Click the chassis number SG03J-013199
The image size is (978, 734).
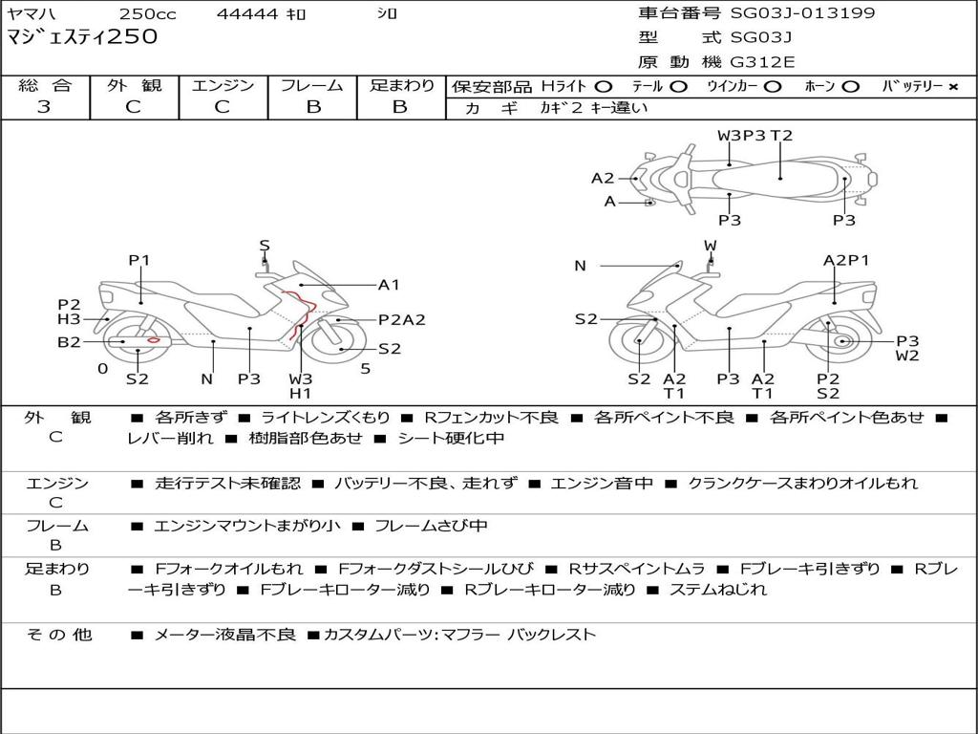tap(802, 13)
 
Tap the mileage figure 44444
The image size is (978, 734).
tap(247, 13)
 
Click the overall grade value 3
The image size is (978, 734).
tap(44, 107)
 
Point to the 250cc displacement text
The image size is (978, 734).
tap(148, 13)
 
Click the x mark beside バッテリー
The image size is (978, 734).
tap(953, 87)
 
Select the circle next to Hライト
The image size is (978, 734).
tap(604, 87)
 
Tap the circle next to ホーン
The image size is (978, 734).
tap(851, 87)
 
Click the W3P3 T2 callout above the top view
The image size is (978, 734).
tap(755, 136)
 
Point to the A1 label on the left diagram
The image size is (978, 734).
tap(389, 285)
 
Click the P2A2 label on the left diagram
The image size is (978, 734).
tap(402, 320)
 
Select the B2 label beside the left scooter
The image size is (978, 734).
tap(69, 342)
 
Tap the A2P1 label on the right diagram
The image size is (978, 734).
tap(846, 260)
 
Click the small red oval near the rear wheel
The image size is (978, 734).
tap(154, 339)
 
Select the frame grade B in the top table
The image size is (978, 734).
tap(313, 107)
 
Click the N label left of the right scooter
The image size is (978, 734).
tap(580, 266)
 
